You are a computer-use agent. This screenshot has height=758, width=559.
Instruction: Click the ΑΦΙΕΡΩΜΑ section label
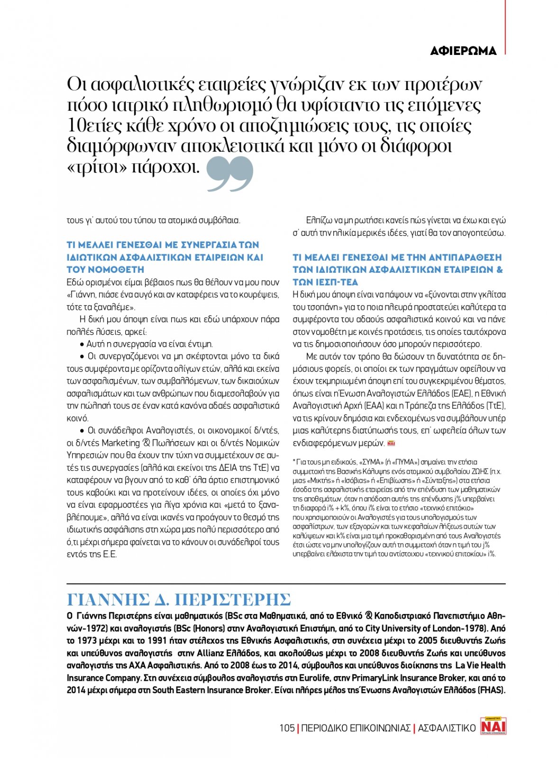tap(463, 51)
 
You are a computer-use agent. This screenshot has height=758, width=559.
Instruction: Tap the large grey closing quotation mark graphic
tap(230, 174)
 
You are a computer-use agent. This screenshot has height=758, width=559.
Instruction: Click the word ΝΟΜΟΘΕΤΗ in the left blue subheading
tap(115, 270)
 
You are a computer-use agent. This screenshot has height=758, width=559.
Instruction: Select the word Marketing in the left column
tap(121, 443)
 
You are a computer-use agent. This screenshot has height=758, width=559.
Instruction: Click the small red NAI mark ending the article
tap(391, 443)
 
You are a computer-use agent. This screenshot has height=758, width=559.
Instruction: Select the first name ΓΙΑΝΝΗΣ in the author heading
tap(108, 600)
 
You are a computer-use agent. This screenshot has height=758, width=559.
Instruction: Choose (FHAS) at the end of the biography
tap(491, 690)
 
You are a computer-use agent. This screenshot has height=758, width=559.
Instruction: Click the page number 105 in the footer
tap(287, 728)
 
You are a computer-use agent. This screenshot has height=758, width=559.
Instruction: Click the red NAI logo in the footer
tap(493, 726)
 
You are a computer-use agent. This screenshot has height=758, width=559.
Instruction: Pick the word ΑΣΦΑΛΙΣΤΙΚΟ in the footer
tap(446, 728)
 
